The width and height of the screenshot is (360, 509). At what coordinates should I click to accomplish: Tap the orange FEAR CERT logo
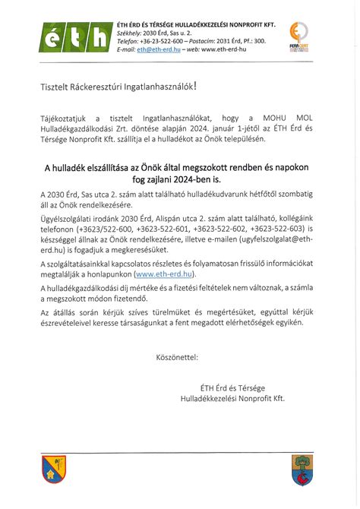tap(299, 36)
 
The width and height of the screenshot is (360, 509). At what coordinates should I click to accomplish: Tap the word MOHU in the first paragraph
tap(275, 119)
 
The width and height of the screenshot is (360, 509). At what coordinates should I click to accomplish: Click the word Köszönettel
tap(176, 356)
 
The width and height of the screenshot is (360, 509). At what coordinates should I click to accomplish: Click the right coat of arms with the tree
tap(302, 468)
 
